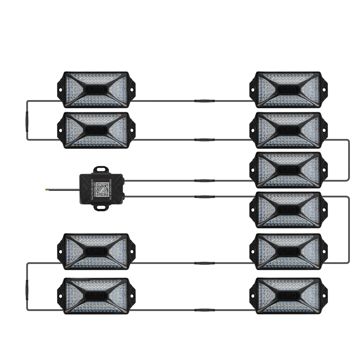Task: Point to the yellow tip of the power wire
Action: click(x=47, y=189)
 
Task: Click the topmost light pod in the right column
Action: click(x=288, y=89)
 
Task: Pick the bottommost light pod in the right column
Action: click(x=288, y=296)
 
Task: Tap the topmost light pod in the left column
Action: click(x=96, y=89)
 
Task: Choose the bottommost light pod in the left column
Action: click(x=96, y=296)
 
